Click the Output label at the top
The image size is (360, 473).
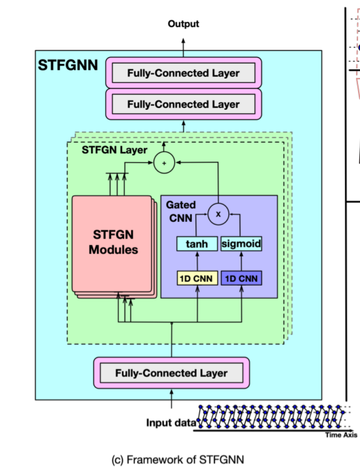pos(183,24)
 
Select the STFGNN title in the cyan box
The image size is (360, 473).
pos(68,66)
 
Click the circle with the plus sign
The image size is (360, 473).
pos(163,162)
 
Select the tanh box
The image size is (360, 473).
pos(197,244)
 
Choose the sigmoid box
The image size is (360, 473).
pos(241,244)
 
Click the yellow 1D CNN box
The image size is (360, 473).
pos(197,278)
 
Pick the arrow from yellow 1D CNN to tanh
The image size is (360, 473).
pos(197,261)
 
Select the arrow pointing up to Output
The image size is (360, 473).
pos(183,43)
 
